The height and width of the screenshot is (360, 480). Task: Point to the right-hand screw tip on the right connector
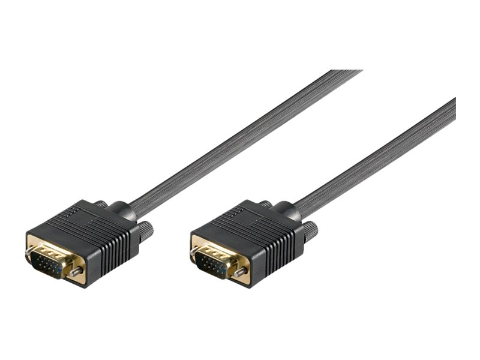pos(240,273)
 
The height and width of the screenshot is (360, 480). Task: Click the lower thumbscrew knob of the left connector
pos(146,230)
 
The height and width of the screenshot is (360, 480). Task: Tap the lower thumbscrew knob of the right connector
pos(310,231)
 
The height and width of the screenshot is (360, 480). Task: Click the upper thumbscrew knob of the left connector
pos(101,205)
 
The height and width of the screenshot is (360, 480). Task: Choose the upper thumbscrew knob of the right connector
pos(266,205)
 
